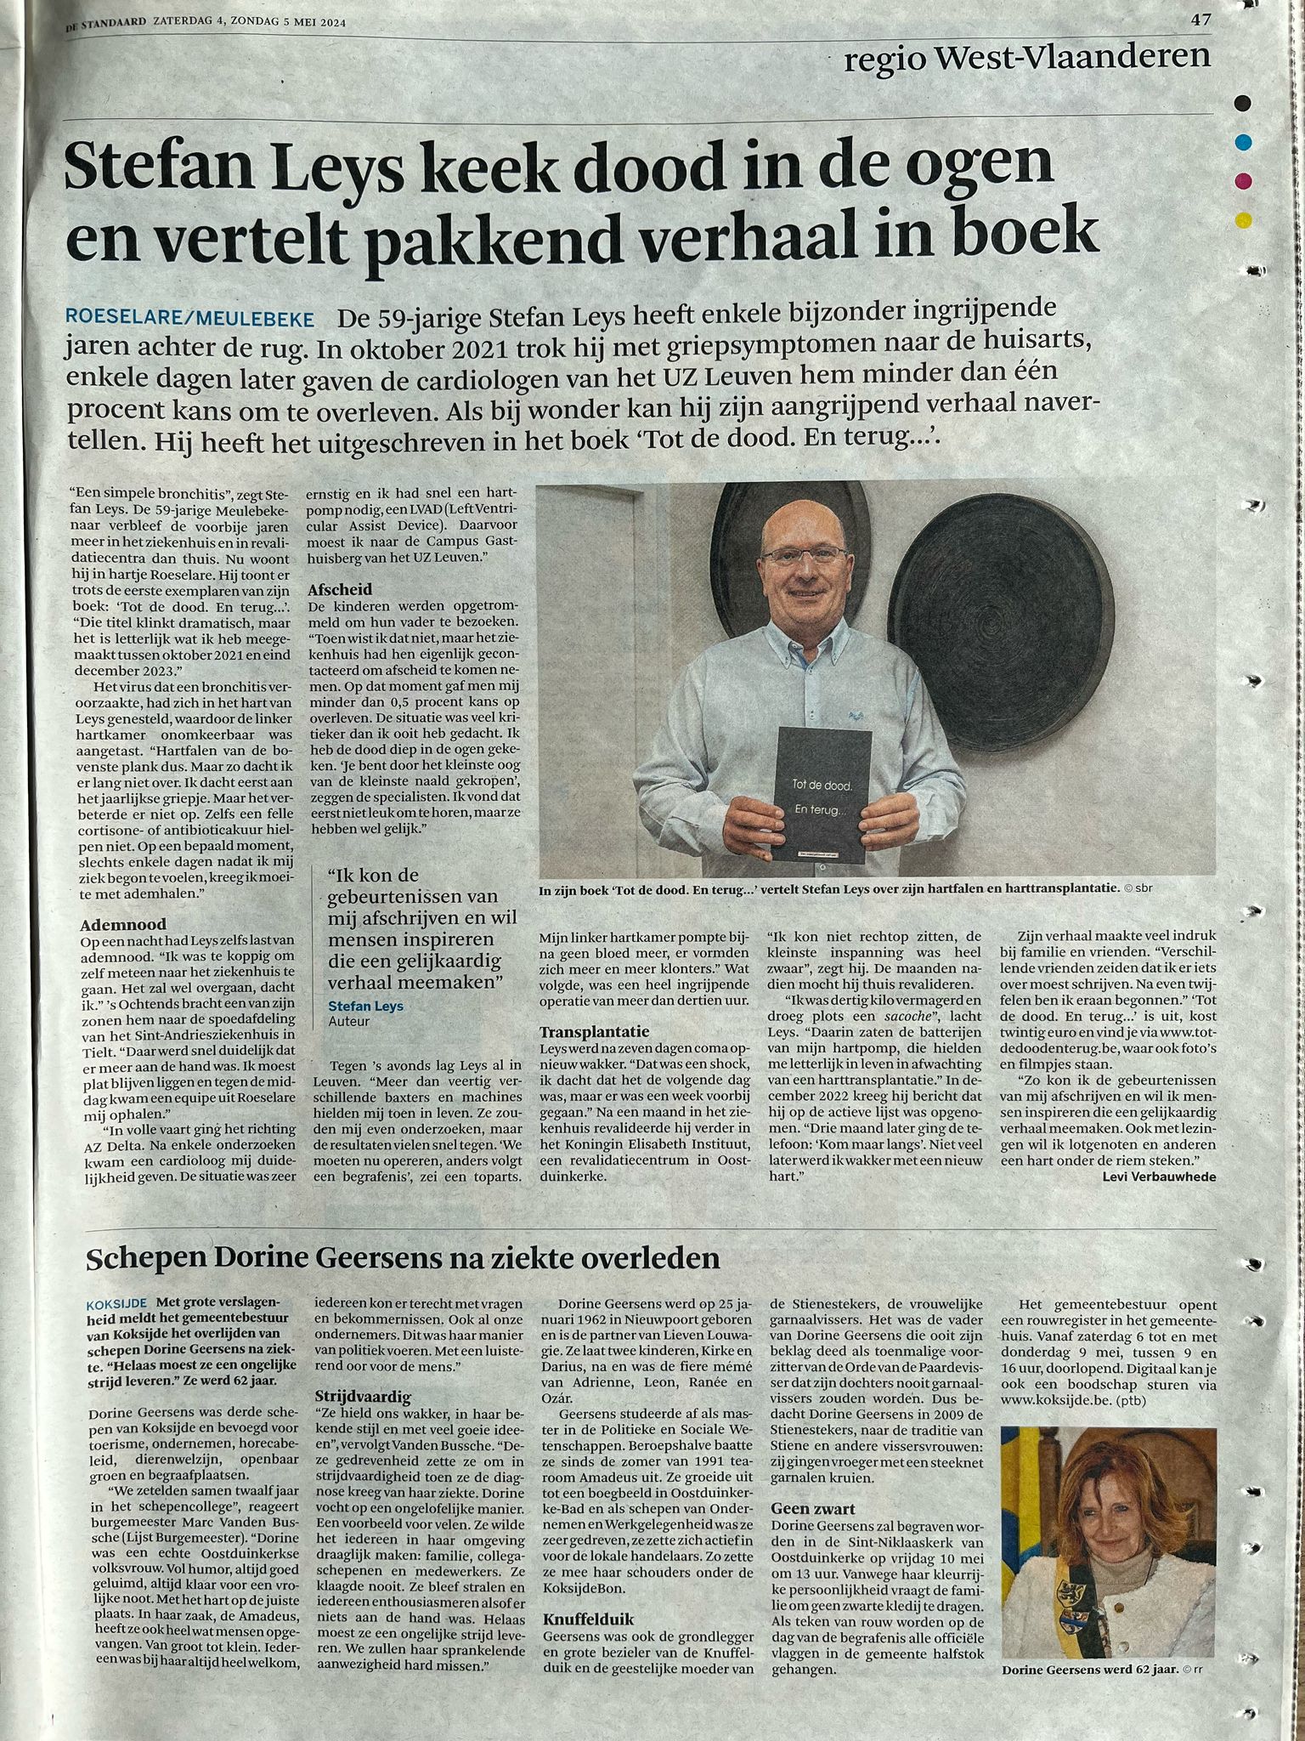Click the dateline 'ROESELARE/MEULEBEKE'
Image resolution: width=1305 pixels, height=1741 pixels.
click(x=189, y=319)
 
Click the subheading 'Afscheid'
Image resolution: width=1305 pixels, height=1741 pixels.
click(x=339, y=589)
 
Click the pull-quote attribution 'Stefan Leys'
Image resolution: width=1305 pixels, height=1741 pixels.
click(x=365, y=1006)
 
